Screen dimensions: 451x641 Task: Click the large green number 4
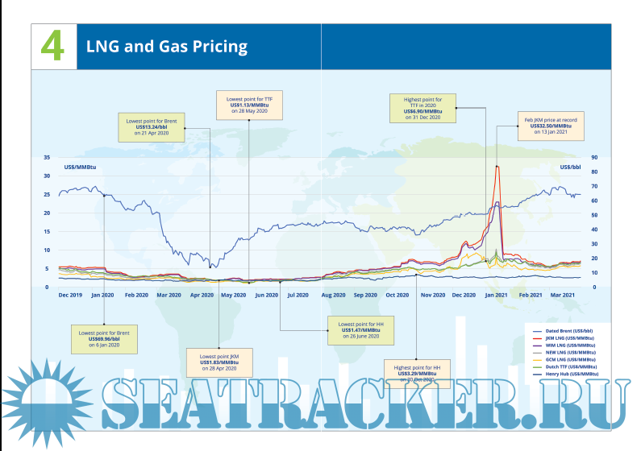[x=52, y=46]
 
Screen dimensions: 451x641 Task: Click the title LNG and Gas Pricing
[x=167, y=47]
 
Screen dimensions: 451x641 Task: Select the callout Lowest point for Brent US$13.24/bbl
[x=152, y=128]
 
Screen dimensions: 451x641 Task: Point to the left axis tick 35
[x=48, y=157]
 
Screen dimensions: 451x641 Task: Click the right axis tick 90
[x=594, y=157]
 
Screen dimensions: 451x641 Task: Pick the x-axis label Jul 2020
[x=298, y=296]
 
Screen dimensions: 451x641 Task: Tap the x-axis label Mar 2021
[x=563, y=296]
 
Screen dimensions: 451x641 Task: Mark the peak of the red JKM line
[x=497, y=166]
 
